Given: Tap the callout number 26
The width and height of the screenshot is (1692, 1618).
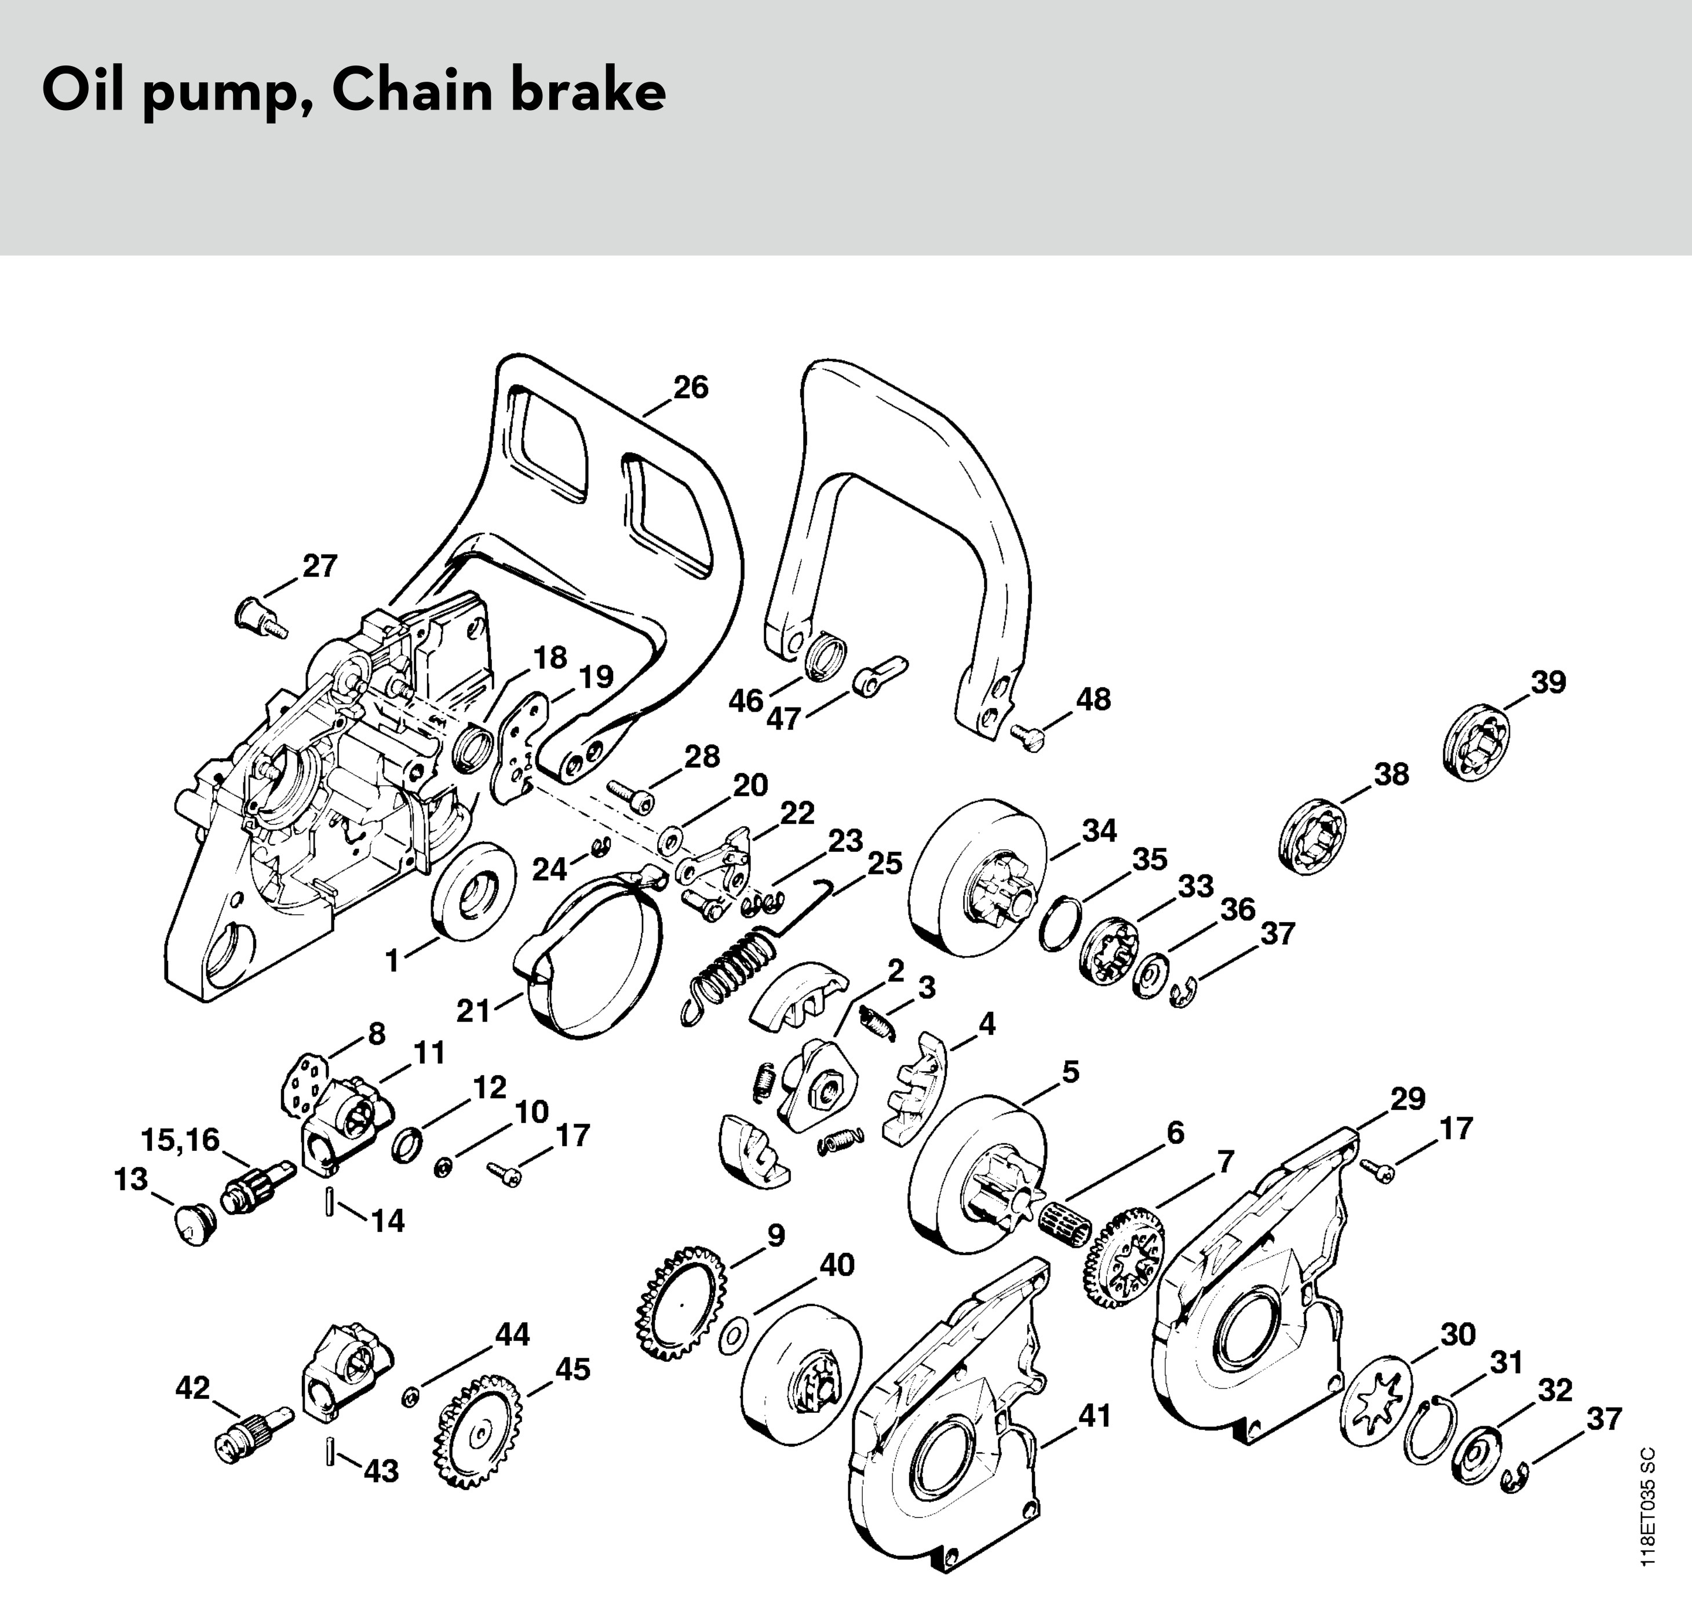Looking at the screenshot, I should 691,388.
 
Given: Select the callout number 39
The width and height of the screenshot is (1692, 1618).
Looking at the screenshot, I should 1548,682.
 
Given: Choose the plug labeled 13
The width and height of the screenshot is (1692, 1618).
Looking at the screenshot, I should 191,1224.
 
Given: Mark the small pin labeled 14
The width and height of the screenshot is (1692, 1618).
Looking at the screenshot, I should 330,1201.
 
